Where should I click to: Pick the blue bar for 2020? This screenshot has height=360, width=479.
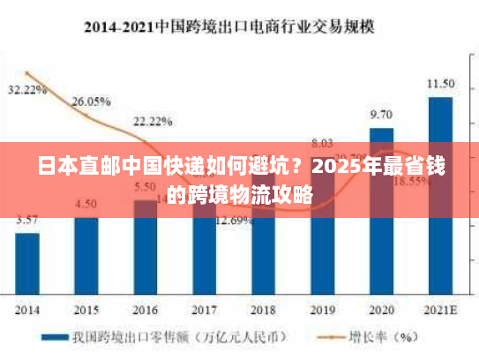[x=381, y=212]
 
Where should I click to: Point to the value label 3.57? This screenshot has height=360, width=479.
[x=26, y=220]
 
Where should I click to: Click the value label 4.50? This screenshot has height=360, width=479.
[x=86, y=204]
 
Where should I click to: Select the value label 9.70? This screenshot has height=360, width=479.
[x=381, y=115]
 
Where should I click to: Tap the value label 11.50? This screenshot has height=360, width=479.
[x=440, y=84]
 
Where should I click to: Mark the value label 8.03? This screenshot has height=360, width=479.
[x=322, y=142]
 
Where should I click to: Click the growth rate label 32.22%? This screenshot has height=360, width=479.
[x=27, y=89]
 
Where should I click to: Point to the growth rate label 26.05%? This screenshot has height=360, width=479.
[x=91, y=101]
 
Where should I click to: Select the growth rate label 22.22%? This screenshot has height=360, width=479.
[x=153, y=121]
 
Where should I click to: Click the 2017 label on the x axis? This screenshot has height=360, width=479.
[x=204, y=310]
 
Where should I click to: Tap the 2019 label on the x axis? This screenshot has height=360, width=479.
[x=322, y=310]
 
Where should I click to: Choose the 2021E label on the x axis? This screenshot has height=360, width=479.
[x=440, y=310]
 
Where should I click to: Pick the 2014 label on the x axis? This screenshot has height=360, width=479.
[x=27, y=310]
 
